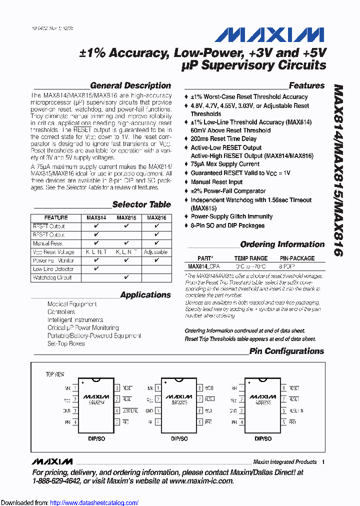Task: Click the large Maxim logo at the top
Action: point(269,34)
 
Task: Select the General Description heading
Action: point(130,85)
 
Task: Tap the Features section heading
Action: point(306,85)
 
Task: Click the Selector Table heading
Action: point(141,204)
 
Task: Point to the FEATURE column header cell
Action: point(56,218)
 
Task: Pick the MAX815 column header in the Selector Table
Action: point(126,218)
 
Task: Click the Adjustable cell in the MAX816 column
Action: point(156,252)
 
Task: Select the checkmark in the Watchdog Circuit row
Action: point(126,277)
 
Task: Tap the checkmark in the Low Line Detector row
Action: point(96,269)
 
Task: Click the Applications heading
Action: point(145,295)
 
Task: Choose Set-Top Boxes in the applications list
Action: point(66,344)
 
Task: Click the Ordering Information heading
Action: point(282,244)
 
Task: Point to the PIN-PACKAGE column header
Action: point(296,258)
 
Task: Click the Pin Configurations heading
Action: point(286,351)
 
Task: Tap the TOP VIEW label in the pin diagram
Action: point(55,374)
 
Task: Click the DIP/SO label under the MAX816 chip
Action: point(263,438)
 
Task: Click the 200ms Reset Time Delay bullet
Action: point(223,139)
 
